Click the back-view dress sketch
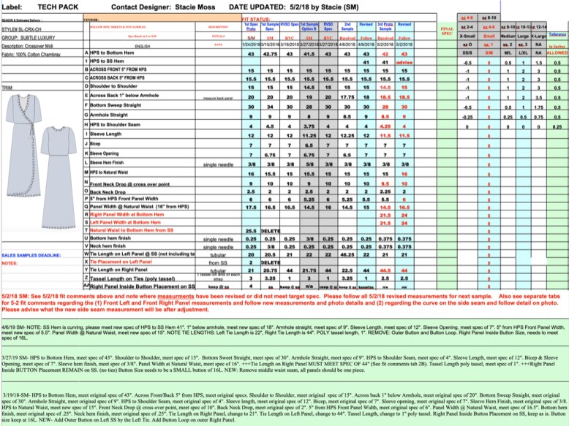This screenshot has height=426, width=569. [x=64, y=187]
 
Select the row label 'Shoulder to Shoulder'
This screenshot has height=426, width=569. [x=117, y=85]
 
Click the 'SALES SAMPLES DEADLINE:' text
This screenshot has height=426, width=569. [x=31, y=255]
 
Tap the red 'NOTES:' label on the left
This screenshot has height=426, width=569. [x=10, y=263]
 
